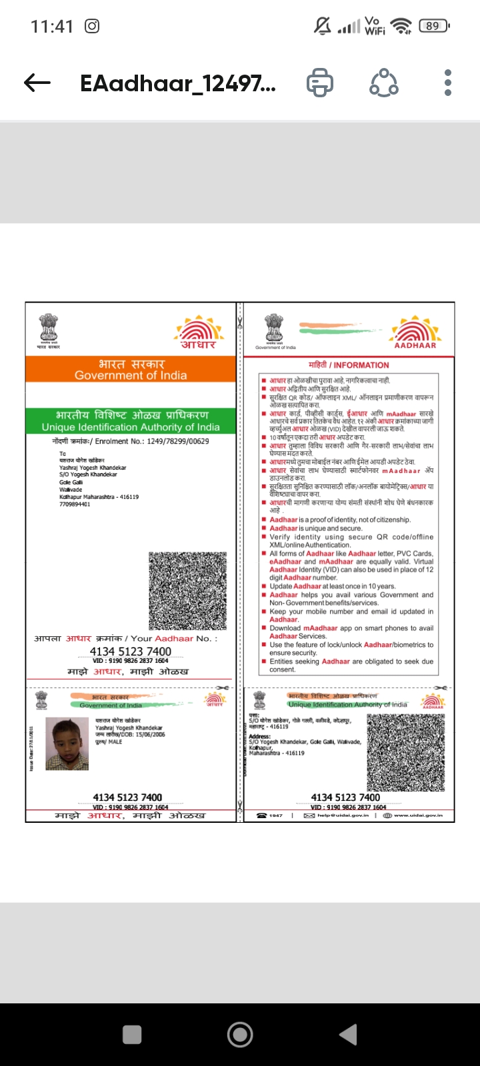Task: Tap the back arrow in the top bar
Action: [37, 83]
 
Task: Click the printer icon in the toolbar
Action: [320, 83]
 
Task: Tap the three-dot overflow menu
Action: [448, 83]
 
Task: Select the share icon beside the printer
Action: [384, 83]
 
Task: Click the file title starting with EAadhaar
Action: [177, 83]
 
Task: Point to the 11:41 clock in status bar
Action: [52, 27]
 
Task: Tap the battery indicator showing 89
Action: [434, 26]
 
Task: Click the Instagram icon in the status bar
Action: [92, 27]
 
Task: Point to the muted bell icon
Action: [323, 26]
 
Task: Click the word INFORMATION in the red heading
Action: [361, 365]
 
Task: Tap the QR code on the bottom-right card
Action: [407, 754]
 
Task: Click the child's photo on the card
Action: [67, 744]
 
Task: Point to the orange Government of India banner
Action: [131, 370]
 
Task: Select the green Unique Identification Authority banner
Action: [131, 421]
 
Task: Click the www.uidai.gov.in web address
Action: [418, 815]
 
